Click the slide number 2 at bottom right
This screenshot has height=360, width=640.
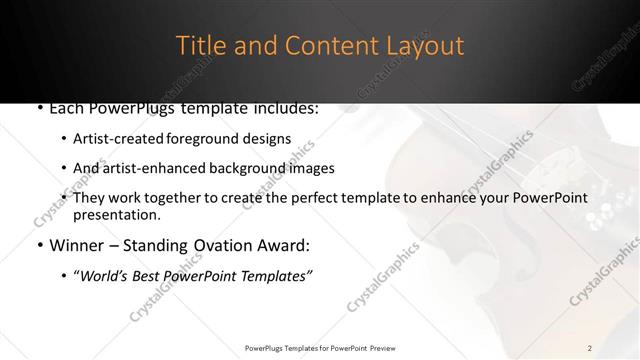pos(590,347)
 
